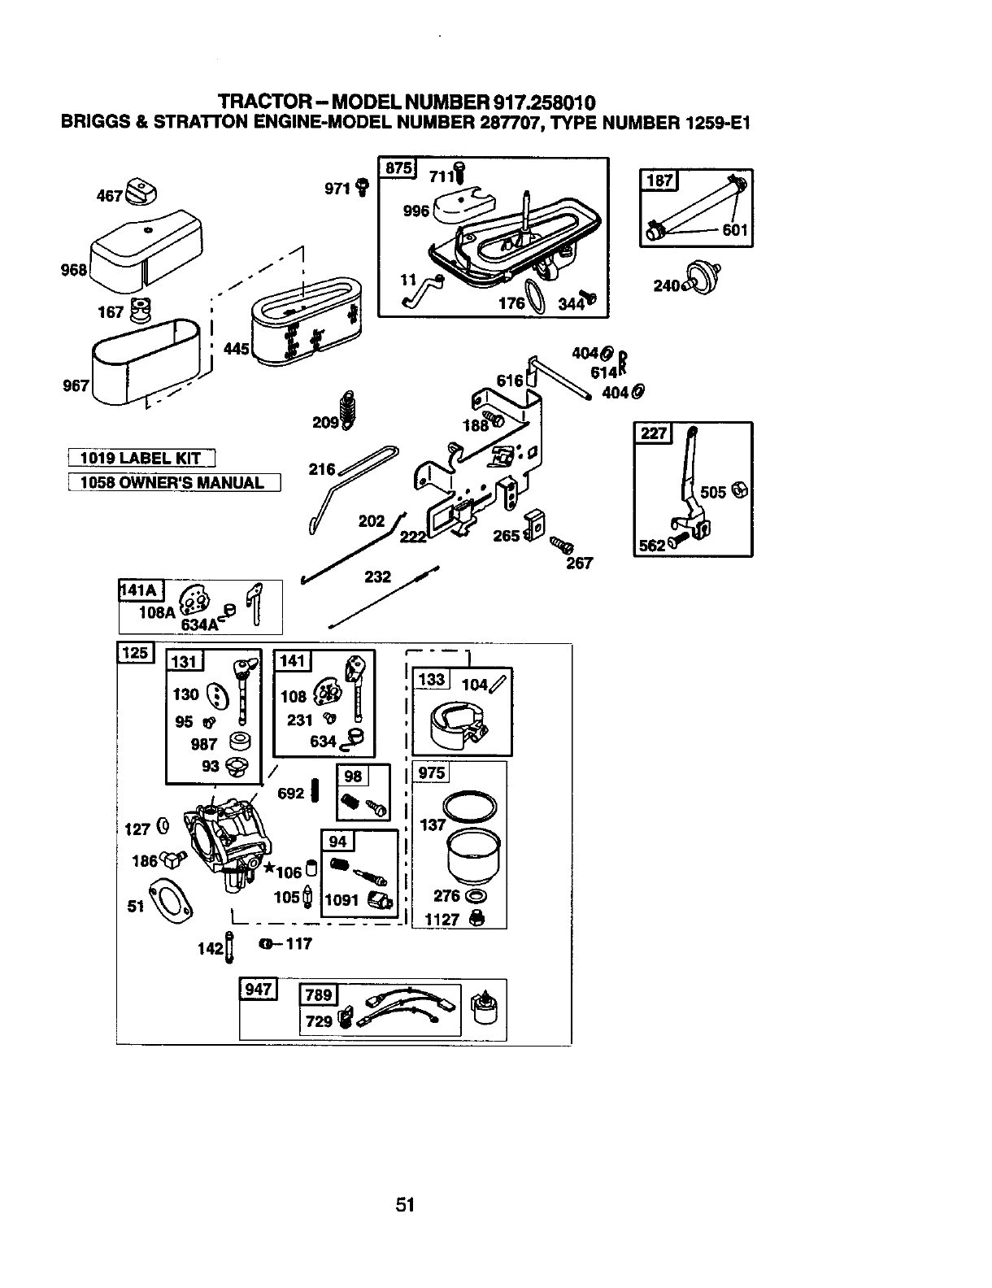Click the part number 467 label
tap(109, 195)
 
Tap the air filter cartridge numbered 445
tap(307, 322)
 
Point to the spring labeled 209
tap(349, 410)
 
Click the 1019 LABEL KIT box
tap(141, 458)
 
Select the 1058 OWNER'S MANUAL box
tap(174, 482)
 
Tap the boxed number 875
tap(398, 168)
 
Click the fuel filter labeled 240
tap(703, 278)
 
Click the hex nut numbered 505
tap(740, 490)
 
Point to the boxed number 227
tap(653, 433)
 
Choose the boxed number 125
tap(135, 653)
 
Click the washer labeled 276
tap(476, 896)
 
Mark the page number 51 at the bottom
tap(405, 1204)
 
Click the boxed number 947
tap(259, 990)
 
